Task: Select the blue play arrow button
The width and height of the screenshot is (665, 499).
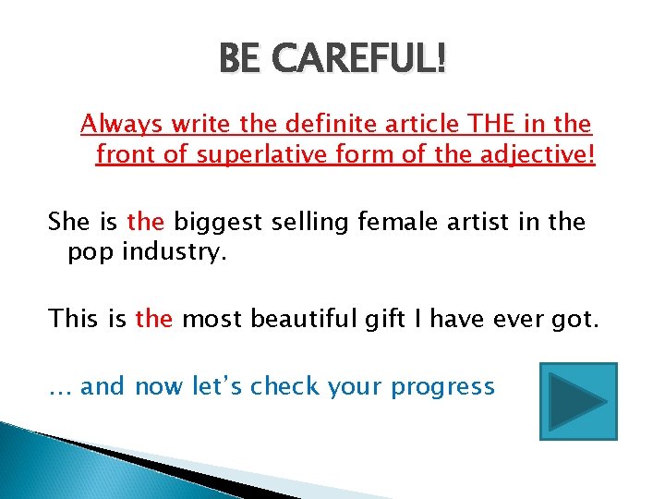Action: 578,401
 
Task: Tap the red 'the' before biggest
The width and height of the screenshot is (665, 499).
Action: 145,222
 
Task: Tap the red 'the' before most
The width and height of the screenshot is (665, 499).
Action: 153,319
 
